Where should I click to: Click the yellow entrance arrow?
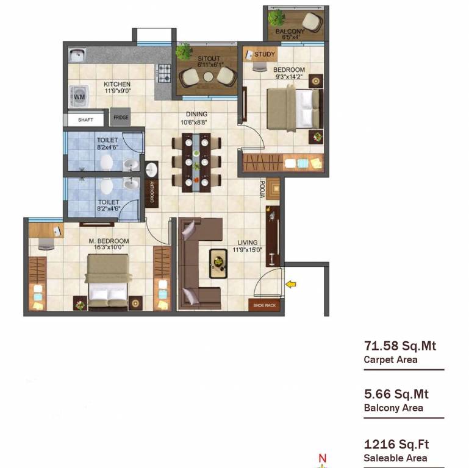(x=291, y=283)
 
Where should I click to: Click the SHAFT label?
(x=86, y=120)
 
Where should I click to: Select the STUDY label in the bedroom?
(x=265, y=54)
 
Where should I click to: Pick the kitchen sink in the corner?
(x=77, y=56)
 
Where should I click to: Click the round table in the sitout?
(x=209, y=77)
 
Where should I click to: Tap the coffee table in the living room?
(x=218, y=263)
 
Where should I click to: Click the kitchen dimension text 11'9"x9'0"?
(x=117, y=91)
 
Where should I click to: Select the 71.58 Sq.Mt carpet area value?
(x=399, y=347)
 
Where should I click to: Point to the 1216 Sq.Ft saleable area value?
(x=396, y=445)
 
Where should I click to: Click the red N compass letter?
(x=323, y=459)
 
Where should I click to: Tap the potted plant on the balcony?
(x=277, y=18)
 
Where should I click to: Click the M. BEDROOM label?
(x=109, y=241)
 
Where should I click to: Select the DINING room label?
(x=197, y=114)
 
